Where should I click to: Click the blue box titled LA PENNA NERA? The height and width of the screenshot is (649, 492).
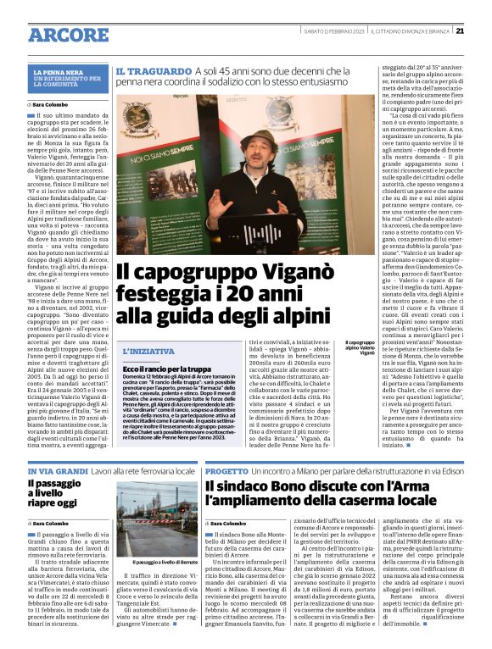pyautogui.click(x=68, y=79)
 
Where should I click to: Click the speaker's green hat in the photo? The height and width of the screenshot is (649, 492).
pyautogui.click(x=258, y=139)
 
